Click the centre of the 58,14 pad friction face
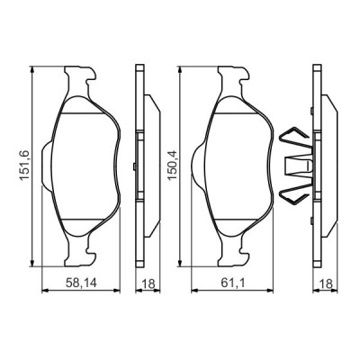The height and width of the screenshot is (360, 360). [x=84, y=167]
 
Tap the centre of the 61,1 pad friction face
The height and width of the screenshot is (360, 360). [x=235, y=167]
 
